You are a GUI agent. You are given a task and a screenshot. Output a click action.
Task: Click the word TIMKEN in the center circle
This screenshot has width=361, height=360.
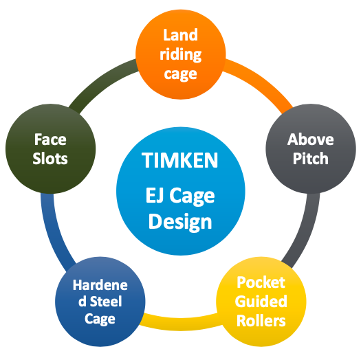[x=179, y=160]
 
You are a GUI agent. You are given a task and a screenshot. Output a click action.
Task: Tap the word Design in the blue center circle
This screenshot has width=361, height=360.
[x=180, y=221]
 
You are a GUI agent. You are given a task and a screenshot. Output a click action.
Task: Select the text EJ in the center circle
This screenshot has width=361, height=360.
[x=155, y=196]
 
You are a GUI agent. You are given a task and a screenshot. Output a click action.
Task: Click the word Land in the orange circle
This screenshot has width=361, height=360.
[x=180, y=35]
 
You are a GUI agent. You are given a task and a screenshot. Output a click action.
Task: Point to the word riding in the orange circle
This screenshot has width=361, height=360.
[x=180, y=55]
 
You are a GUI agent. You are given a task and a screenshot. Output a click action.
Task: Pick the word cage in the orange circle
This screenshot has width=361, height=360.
[x=180, y=74]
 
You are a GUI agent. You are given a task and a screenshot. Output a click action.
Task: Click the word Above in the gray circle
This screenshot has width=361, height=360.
[x=310, y=139]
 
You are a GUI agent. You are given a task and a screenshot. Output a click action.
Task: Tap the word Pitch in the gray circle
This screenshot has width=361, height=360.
[x=310, y=158]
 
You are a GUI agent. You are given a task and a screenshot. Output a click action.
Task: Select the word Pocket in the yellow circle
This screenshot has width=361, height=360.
[x=261, y=282]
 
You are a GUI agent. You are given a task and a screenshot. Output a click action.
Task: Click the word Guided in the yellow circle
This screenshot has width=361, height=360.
[x=261, y=302]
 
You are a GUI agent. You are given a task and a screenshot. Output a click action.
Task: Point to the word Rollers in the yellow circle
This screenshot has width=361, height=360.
[x=261, y=321]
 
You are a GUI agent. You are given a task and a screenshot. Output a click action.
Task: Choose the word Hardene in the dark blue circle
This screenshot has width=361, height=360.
[x=100, y=285]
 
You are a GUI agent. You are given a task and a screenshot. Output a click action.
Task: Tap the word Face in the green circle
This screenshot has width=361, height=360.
[x=50, y=139]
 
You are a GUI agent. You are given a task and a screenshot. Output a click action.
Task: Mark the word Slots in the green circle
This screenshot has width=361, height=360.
[x=50, y=159]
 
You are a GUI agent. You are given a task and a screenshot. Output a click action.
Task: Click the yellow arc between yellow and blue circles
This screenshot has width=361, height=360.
[x=180, y=324]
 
